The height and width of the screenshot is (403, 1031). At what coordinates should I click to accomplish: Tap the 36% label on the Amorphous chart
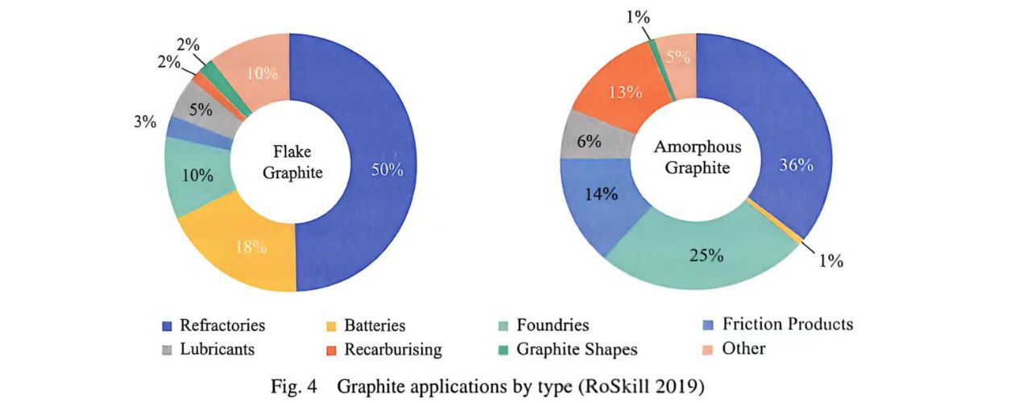coord(796,164)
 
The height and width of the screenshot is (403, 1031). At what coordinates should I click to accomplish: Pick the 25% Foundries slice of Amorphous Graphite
coord(705,256)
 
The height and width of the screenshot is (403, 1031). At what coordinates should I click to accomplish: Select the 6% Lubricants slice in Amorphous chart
coord(590,140)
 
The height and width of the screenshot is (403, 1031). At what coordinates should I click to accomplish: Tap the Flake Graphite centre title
coord(291,162)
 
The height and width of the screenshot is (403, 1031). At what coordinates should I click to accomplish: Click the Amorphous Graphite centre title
coord(698,158)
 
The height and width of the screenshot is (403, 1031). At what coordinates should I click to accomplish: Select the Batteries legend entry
coord(374,326)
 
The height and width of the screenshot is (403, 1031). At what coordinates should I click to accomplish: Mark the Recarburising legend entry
coord(392,349)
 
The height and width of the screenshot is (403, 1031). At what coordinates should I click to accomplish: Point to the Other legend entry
coord(743,349)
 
